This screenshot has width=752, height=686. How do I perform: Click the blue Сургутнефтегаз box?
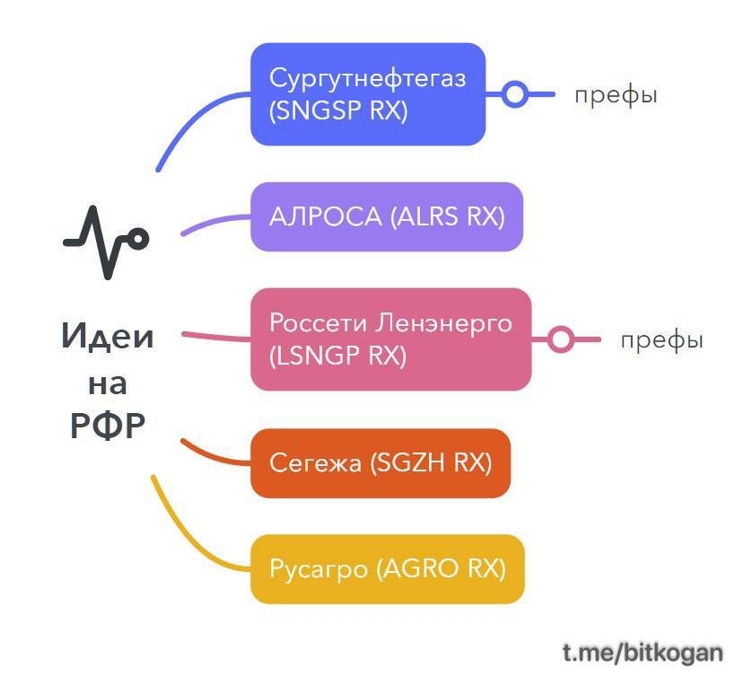(368, 94)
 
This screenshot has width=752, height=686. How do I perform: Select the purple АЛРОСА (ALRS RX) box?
(387, 216)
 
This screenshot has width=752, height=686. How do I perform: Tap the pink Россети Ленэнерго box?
(391, 339)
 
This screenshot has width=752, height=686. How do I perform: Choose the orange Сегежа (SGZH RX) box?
(380, 463)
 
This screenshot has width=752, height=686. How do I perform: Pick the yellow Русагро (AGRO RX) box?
(388, 569)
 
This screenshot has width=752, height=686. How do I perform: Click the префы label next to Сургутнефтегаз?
(616, 95)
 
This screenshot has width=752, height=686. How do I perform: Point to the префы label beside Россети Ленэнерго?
(662, 340)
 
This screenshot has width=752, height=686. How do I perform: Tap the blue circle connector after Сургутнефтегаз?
(515, 94)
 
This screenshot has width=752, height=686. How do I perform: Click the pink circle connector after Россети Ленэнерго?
(561, 339)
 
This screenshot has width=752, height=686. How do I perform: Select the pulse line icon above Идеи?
(106, 242)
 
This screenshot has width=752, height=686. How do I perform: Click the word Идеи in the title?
(108, 336)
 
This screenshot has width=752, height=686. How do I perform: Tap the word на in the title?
(108, 384)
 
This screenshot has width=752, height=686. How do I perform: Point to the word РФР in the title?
(108, 426)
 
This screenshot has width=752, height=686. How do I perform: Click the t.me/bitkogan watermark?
(643, 653)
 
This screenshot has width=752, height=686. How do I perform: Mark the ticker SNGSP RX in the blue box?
(338, 110)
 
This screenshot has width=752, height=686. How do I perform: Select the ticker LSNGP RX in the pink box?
(337, 356)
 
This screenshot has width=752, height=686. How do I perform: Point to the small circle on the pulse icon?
(138, 239)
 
